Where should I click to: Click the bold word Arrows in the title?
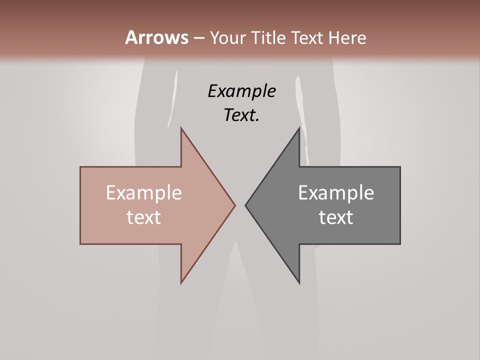(156, 37)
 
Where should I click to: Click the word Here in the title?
(347, 37)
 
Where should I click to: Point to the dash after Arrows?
(198, 38)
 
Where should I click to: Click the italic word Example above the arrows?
(242, 91)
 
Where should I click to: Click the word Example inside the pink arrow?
(144, 193)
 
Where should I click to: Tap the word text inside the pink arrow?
(144, 217)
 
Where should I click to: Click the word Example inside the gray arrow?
(336, 193)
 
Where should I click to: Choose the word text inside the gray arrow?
(336, 217)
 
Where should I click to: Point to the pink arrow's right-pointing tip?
(234, 205)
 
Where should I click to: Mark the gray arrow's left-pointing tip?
(246, 205)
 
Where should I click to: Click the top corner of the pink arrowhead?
(181, 128)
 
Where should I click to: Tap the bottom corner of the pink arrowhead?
(181, 282)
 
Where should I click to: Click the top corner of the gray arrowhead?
(299, 128)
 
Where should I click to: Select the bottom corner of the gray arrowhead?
(299, 282)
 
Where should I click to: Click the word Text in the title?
(307, 37)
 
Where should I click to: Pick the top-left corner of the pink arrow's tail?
(81, 167)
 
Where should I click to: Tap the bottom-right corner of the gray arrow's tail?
(399, 243)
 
